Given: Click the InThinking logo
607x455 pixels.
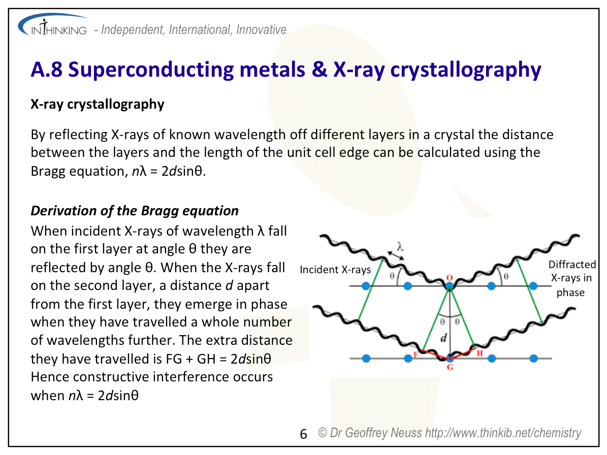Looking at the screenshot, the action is point(53,25).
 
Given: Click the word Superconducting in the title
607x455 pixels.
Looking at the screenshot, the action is point(151,71).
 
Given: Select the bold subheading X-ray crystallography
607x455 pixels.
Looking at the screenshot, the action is point(98,104).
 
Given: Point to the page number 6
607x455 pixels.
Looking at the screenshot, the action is point(304,434).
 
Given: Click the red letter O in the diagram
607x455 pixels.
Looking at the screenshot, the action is point(450,277).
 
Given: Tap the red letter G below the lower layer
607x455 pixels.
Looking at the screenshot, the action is point(450,367).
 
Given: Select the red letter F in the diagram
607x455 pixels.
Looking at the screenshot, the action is point(416,354).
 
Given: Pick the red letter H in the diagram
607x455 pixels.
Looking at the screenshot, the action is point(480,353).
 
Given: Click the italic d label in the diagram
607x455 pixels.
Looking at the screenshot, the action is point(443,338).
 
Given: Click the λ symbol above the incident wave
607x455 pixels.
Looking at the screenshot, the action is point(400,246).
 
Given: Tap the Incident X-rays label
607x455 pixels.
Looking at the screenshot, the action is point(335,270).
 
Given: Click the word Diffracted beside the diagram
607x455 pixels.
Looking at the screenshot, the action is point(572,265).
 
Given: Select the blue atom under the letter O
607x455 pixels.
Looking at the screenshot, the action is point(450,286).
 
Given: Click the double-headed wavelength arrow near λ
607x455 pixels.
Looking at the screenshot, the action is point(396,255).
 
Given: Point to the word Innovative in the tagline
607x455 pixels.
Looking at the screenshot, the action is point(261,30).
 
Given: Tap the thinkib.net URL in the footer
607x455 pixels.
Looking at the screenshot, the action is point(503,433).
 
